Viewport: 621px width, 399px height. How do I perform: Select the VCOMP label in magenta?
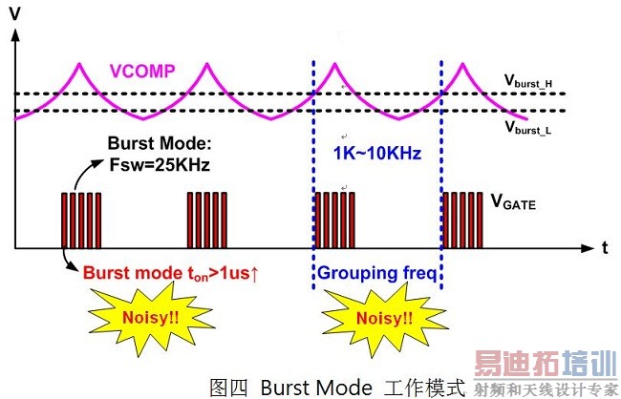click(143, 71)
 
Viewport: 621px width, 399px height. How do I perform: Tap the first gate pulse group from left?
click(80, 220)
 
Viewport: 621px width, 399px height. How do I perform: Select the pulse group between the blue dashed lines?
click(334, 220)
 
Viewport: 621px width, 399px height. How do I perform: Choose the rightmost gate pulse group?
click(464, 220)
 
